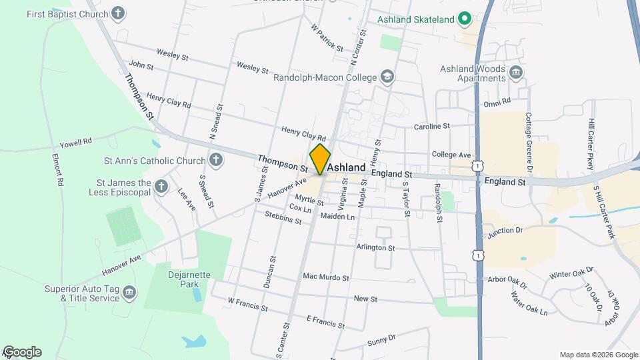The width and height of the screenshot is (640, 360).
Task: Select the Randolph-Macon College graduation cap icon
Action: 387,77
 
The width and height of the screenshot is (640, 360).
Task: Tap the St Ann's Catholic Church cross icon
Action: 215,160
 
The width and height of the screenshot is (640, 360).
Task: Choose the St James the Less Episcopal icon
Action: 161,187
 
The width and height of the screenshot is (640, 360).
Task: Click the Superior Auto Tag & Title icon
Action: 129,293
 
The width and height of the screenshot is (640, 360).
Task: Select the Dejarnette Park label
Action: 176,278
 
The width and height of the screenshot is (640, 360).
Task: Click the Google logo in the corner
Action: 22,351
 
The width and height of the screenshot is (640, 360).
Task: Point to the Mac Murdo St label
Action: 326,277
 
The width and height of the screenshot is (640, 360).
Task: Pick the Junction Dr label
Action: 505,231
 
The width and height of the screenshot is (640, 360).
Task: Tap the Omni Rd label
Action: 497,101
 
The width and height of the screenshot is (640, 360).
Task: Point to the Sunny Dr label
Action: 381,341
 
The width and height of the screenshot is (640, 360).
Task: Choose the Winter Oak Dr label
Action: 571,273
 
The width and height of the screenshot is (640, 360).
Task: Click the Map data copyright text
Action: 599,355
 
